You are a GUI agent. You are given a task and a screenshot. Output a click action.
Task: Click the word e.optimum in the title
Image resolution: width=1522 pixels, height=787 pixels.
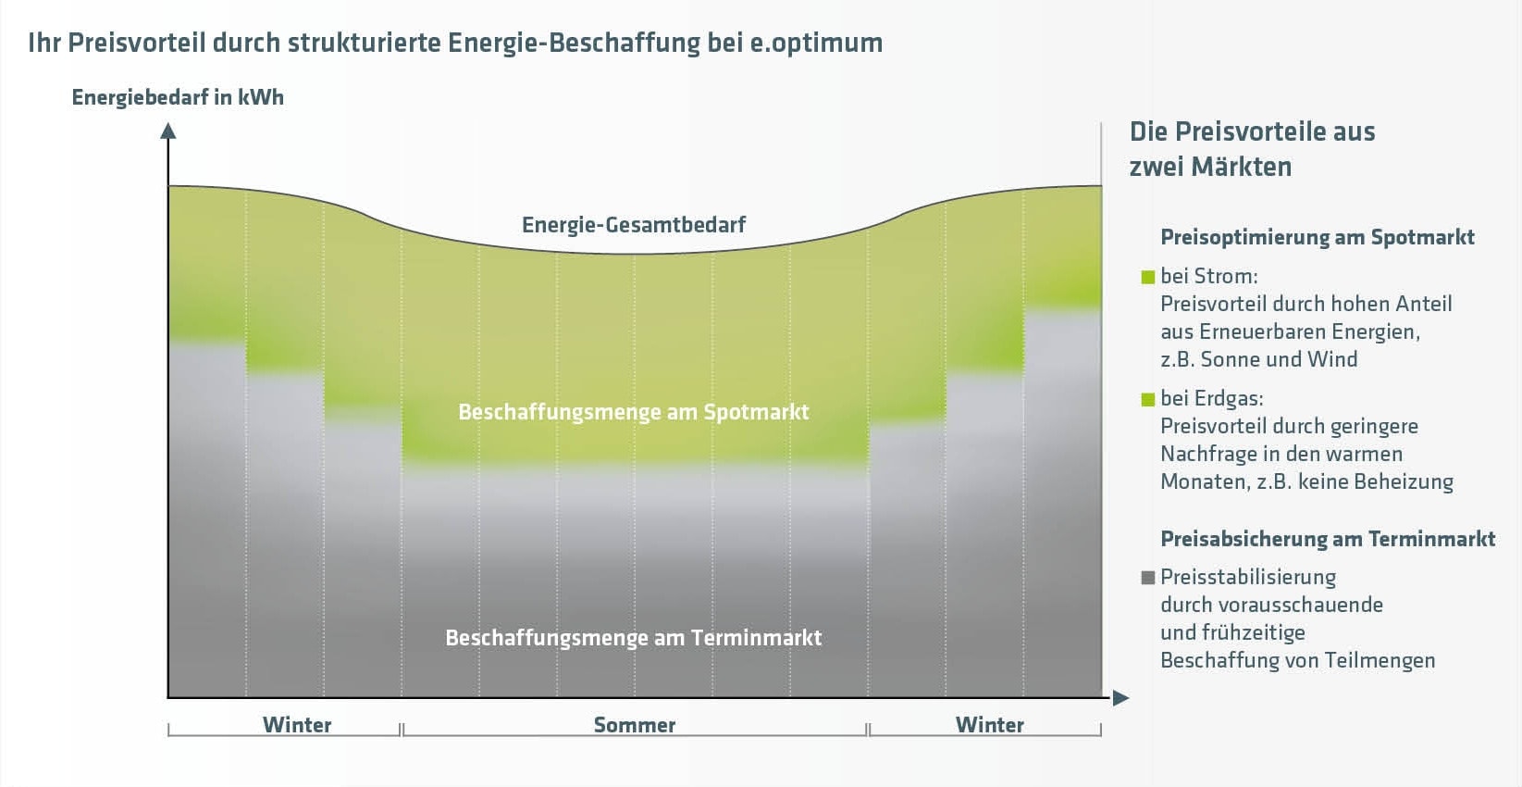(x=816, y=44)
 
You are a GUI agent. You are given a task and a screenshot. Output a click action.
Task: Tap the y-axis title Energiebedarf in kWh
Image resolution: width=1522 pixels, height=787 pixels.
(x=178, y=97)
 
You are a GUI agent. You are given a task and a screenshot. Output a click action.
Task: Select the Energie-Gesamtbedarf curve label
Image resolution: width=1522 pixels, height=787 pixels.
(x=634, y=225)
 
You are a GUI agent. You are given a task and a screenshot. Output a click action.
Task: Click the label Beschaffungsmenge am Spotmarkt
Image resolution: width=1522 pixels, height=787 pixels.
(x=634, y=412)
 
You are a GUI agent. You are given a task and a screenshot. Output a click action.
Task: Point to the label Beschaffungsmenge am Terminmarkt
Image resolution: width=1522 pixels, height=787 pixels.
(x=634, y=638)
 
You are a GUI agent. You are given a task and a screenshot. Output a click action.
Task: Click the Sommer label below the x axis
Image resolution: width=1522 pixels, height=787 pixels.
(x=635, y=725)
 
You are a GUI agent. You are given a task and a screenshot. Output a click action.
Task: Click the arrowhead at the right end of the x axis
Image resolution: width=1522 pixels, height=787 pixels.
(x=1120, y=698)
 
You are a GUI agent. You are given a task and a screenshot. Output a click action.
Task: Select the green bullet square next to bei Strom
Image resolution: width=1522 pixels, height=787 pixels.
(x=1148, y=277)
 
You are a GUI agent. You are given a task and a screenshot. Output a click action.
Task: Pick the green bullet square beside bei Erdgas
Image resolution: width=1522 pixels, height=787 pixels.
(x=1148, y=399)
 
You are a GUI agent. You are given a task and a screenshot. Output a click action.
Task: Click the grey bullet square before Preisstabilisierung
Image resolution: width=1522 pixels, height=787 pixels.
(x=1148, y=578)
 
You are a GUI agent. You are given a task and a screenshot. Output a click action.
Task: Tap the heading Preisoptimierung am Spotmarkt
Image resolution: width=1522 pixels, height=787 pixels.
(x=1318, y=237)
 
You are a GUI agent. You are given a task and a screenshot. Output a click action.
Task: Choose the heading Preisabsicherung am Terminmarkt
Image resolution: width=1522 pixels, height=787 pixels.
(x=1328, y=539)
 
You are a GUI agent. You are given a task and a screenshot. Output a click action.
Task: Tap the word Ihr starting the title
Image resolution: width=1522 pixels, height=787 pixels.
(x=44, y=44)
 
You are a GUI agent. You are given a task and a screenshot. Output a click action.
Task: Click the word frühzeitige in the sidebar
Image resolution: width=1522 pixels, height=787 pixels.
(x=1259, y=632)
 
